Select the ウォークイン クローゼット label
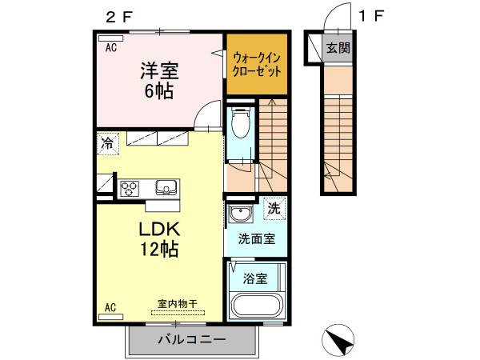(257, 63)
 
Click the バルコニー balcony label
(191, 339)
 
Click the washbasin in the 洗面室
(239, 214)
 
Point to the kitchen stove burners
(129, 189)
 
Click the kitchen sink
(166, 189)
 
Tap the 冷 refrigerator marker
(106, 144)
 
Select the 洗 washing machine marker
(274, 208)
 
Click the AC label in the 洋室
(110, 48)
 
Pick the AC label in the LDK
(110, 306)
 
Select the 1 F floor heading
(370, 15)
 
